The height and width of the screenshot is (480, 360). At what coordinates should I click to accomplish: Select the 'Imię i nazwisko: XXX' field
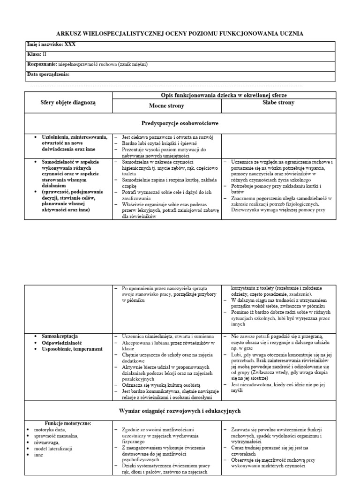coord(51,45)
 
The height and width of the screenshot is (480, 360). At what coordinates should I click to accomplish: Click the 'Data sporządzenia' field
coord(49,75)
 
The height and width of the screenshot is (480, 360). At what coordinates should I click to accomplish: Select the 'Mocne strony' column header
coord(166,106)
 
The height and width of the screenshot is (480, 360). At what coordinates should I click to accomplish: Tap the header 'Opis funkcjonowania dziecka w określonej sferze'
coord(223,95)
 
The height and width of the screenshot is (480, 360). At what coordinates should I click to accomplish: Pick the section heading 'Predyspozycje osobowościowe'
coord(180,123)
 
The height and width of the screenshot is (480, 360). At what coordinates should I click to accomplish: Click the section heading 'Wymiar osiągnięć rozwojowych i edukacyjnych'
coord(180,411)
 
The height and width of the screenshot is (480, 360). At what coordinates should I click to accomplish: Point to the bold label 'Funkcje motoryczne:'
coord(68,423)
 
